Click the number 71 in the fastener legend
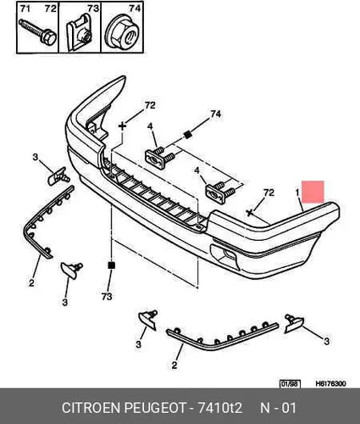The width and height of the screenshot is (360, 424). [x=25, y=8]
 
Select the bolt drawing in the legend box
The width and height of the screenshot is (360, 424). [x=37, y=32]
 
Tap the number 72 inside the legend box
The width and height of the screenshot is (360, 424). [x=51, y=8]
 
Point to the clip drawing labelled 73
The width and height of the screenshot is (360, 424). [x=80, y=33]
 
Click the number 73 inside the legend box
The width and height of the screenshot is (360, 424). [x=93, y=8]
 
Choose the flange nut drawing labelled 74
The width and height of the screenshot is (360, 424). [x=122, y=33]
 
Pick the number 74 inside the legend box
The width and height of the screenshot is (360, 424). [x=135, y=8]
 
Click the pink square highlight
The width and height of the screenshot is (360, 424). [x=313, y=192]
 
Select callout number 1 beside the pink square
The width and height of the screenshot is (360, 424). [x=297, y=192]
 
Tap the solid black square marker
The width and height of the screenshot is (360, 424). [x=112, y=265]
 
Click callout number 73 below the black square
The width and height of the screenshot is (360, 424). [x=107, y=297]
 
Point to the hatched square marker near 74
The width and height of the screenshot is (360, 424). [x=186, y=135]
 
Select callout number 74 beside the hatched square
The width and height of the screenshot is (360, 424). [x=216, y=114]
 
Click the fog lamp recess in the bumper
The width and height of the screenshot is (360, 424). [x=225, y=255]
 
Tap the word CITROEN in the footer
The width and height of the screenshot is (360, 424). [x=91, y=408]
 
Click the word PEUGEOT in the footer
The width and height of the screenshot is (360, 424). [x=155, y=408]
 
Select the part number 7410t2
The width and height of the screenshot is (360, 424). [x=219, y=408]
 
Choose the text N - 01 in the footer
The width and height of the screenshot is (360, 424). [x=278, y=408]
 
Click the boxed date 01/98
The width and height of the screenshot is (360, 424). [x=290, y=384]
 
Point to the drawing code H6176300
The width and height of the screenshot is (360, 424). [x=330, y=383]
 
